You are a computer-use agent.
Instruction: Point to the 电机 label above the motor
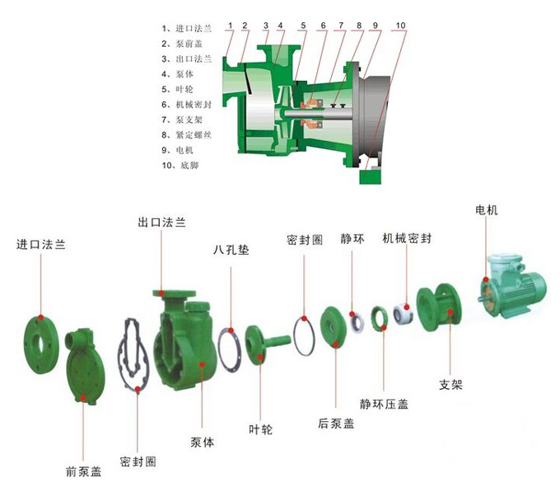[486, 210]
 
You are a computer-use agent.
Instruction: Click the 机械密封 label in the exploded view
[407, 238]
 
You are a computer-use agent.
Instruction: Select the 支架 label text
[450, 386]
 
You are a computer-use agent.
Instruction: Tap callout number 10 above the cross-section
[399, 26]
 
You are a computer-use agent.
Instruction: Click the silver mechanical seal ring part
[404, 313]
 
